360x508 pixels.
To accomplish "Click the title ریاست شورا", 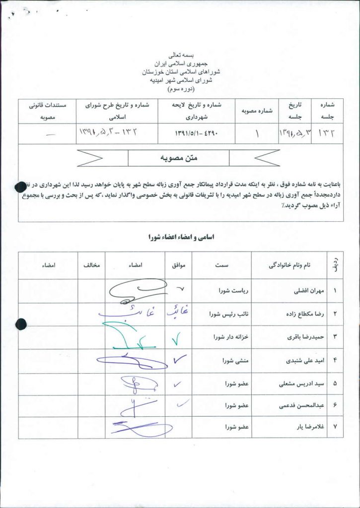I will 234,292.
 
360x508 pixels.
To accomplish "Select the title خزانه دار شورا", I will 230,338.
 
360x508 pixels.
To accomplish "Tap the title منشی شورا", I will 236,361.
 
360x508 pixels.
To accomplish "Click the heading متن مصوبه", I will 179,158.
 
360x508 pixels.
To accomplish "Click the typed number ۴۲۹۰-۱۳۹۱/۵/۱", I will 196,133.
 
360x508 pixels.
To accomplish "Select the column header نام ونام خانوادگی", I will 288,265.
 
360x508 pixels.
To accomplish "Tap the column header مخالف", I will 91,265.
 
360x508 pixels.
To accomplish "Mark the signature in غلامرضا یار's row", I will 134,427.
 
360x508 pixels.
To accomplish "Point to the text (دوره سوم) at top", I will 180,89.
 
